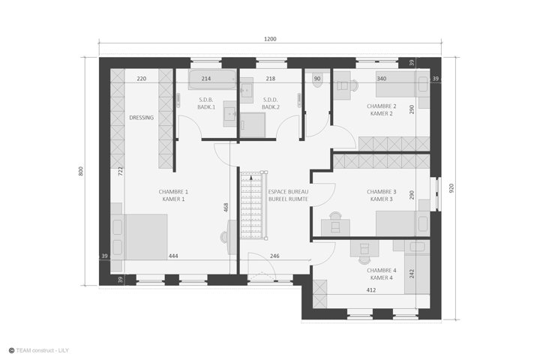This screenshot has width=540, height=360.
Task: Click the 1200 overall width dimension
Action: (x=270, y=39)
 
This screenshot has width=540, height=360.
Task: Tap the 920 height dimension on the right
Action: (x=451, y=188)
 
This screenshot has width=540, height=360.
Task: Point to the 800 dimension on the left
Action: (x=81, y=171)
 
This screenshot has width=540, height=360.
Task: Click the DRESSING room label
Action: (x=141, y=118)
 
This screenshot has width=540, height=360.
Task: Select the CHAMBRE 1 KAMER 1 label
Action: (x=173, y=195)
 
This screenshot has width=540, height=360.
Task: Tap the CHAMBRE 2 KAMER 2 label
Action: (x=382, y=110)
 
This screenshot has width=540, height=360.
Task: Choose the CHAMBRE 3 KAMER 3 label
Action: (x=382, y=195)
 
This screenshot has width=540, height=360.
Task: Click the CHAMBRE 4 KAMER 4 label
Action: (x=382, y=274)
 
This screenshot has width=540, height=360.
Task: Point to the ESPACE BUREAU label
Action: (x=288, y=191)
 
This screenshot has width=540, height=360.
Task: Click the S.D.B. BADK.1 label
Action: (x=206, y=103)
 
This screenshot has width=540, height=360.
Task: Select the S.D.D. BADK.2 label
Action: (x=271, y=103)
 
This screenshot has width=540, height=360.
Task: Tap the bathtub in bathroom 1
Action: (x=212, y=79)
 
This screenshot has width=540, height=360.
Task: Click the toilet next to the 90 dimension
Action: (x=317, y=80)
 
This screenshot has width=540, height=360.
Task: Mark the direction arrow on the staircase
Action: (x=251, y=178)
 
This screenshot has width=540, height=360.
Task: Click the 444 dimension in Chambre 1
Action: (x=173, y=256)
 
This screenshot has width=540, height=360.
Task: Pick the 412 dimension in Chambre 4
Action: (x=371, y=290)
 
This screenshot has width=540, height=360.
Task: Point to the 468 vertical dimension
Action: (x=226, y=208)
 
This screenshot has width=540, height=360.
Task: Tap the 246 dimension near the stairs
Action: (x=274, y=256)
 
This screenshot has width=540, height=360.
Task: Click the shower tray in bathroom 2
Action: (x=253, y=125)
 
